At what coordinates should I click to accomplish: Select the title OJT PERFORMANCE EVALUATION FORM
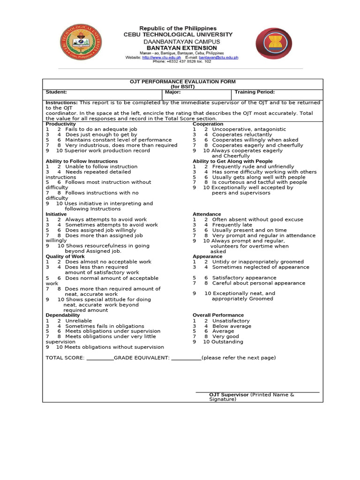(182, 82)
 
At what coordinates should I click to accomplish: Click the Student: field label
(56, 92)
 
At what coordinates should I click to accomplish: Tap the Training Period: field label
(255, 92)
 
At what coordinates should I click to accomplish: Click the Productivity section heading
(60, 124)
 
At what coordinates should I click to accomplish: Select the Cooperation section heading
(208, 124)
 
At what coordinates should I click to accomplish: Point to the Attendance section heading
(207, 214)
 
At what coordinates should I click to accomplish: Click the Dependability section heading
(62, 315)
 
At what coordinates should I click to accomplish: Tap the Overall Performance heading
(218, 315)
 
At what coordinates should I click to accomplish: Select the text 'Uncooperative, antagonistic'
(249, 129)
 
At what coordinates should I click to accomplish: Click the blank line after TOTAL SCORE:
(100, 358)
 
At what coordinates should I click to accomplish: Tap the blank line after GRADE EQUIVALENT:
(186, 358)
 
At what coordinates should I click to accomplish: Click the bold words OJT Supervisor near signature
(229, 395)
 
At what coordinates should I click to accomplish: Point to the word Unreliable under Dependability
(78, 321)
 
